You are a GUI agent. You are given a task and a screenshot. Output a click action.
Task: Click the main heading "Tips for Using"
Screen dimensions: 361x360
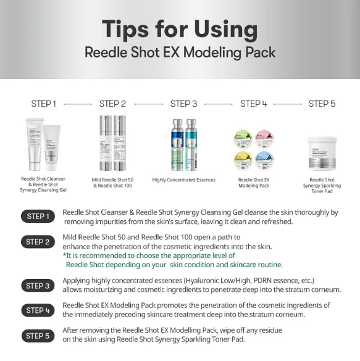(x=180, y=28)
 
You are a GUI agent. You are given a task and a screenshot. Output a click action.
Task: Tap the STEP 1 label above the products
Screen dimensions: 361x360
(x=44, y=104)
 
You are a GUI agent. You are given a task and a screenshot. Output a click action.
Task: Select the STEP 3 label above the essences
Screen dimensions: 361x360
(x=184, y=104)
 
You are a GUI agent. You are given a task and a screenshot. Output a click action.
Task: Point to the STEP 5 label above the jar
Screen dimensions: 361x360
(x=322, y=104)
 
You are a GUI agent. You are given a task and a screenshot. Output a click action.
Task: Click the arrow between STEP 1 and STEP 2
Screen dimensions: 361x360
(x=78, y=104)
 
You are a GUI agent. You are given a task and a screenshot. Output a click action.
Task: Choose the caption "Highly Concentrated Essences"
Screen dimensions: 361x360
(x=184, y=180)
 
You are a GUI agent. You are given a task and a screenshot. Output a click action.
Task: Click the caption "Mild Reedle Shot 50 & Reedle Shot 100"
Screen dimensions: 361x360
(x=112, y=182)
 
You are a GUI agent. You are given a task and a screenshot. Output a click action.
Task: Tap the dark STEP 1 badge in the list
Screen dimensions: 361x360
(x=38, y=217)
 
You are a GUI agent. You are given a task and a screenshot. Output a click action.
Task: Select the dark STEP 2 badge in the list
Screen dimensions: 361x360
(x=38, y=242)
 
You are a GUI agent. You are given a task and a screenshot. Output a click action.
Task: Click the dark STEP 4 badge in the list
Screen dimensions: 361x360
(x=38, y=310)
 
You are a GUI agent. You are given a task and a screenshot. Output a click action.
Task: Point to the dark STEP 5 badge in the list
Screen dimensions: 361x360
(x=38, y=336)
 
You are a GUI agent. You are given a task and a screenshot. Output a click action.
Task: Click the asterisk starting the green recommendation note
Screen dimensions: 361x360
(x=65, y=255)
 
